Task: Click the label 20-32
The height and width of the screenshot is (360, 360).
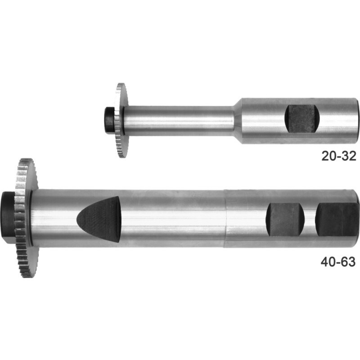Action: pos(339,156)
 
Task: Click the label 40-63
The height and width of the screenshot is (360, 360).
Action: pos(338,262)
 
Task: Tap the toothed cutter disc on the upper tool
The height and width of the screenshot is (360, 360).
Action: pos(121,121)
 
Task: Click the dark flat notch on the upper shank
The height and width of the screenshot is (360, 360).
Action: pos(302,119)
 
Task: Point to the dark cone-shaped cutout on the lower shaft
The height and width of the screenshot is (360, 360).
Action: pos(99,219)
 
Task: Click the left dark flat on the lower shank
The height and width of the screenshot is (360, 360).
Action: pos(285,220)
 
